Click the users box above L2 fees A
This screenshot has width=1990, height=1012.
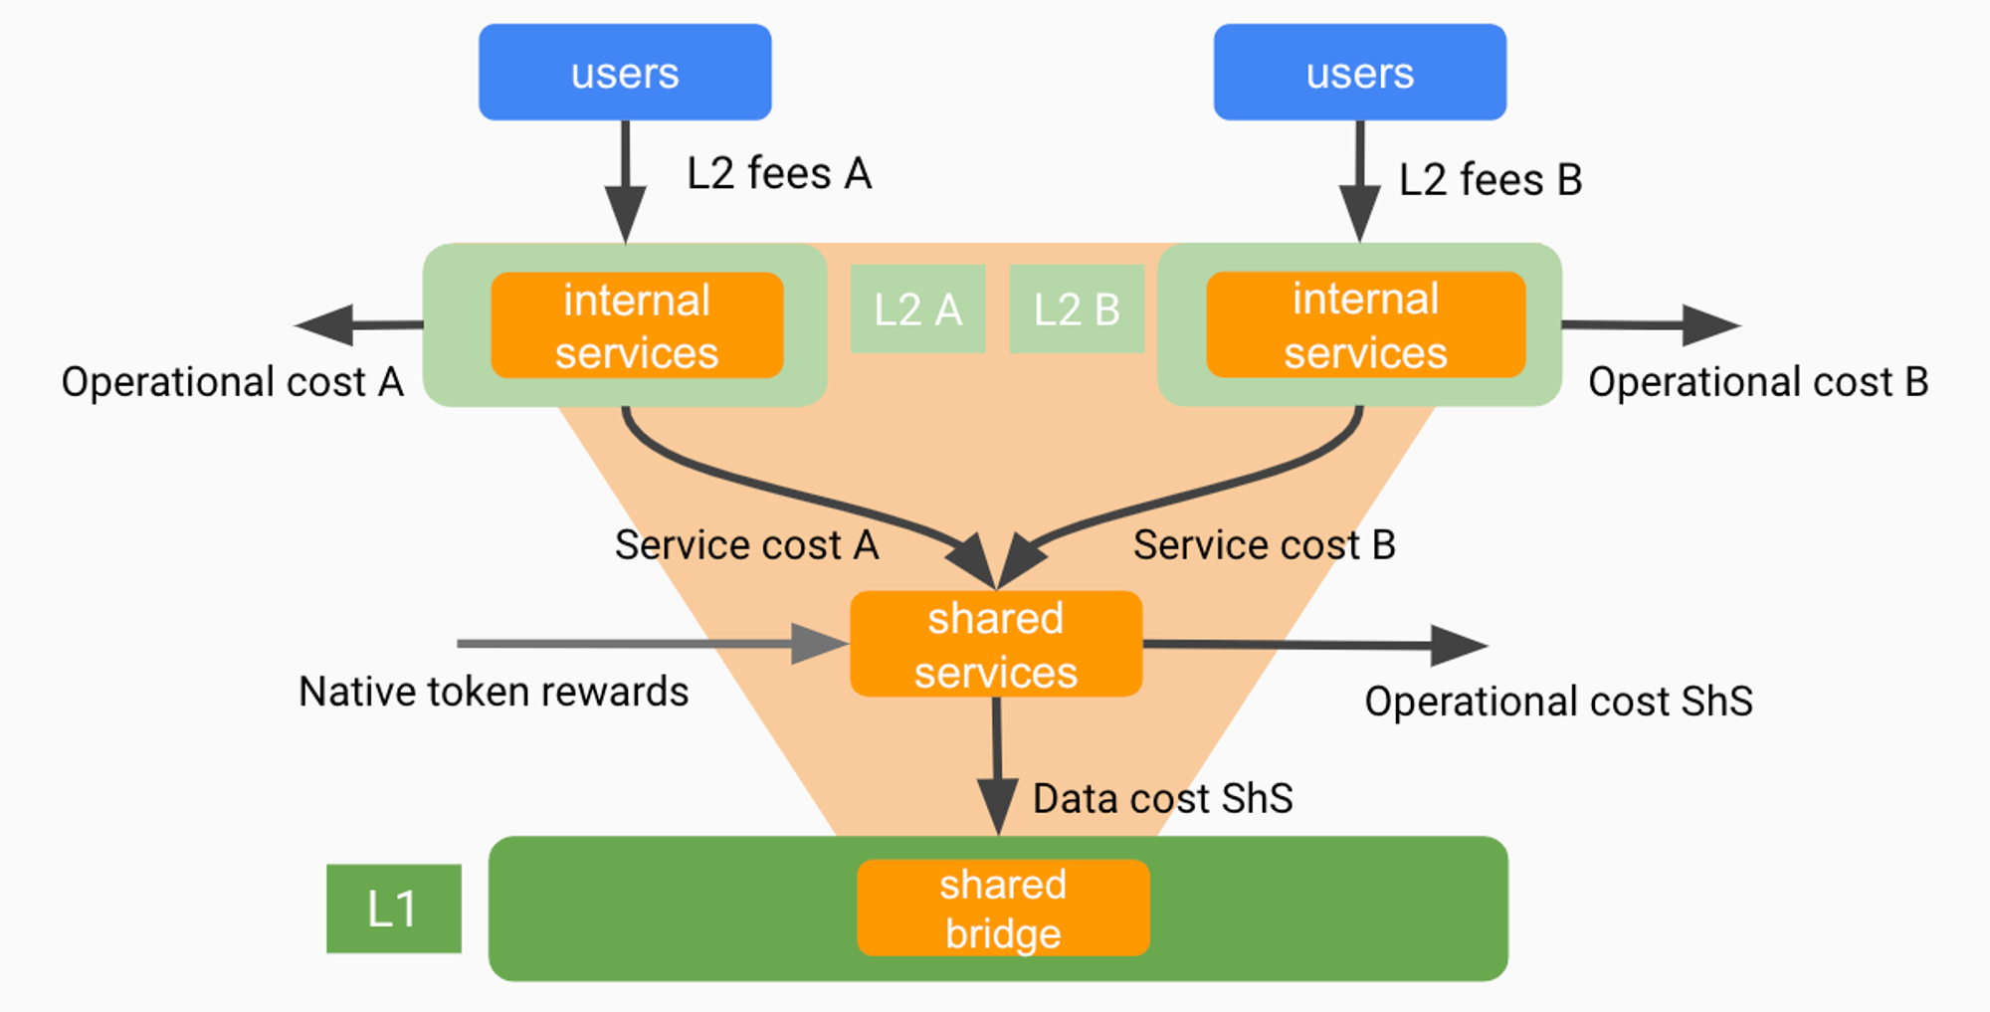tap(625, 73)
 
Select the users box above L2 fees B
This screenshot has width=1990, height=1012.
tap(1359, 73)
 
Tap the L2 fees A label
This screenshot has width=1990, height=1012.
tap(779, 174)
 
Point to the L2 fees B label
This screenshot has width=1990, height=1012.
tap(1490, 180)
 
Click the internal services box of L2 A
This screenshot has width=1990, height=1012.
tap(637, 325)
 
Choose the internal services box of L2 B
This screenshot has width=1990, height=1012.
tap(1365, 325)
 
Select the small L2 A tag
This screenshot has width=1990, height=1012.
tap(917, 309)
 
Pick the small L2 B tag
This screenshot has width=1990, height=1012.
tap(1077, 309)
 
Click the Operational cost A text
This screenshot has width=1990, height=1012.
tap(233, 382)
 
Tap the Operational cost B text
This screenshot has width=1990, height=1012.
tap(1758, 382)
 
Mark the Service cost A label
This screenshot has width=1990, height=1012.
tap(746, 545)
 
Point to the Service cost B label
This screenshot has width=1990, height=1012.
tap(1264, 545)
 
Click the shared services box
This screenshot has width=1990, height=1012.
tap(996, 645)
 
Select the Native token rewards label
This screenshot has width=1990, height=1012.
tap(494, 692)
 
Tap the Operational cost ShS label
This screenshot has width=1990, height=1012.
tap(1558, 702)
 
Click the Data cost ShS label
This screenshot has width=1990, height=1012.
tap(1162, 799)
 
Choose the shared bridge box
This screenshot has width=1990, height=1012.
tap(1003, 909)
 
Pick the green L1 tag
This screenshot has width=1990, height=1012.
tap(393, 909)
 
